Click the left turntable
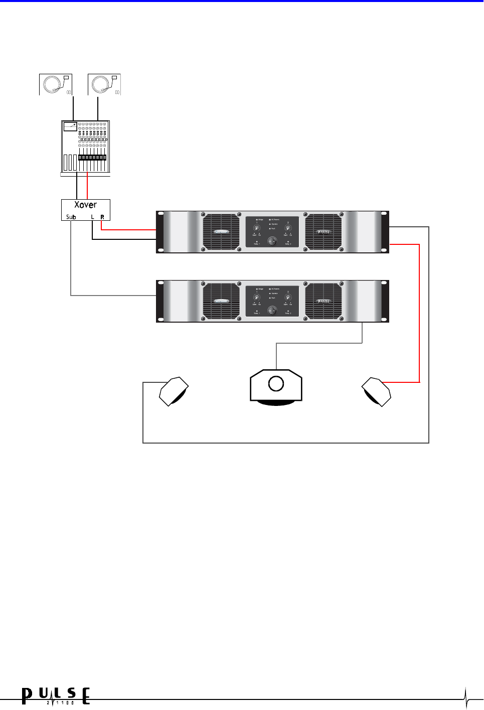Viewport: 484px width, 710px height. click(56, 84)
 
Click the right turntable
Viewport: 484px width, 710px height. click(104, 84)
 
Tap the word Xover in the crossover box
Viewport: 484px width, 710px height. click(85, 205)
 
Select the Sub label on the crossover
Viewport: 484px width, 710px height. click(71, 217)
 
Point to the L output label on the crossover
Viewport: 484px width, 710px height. click(92, 217)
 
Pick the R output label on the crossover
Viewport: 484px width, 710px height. click(102, 217)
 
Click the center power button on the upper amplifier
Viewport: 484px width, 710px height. click(272, 241)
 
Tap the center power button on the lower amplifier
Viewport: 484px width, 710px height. click(272, 310)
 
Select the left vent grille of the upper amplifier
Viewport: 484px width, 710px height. click(221, 232)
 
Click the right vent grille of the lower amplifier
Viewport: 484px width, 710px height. click(324, 301)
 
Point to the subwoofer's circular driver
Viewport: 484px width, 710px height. click(276, 384)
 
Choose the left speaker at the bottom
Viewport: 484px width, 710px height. click(174, 391)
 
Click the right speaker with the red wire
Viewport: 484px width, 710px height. click(377, 391)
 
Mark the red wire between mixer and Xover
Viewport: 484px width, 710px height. click(88, 186)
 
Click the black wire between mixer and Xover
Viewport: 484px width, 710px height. click(77, 186)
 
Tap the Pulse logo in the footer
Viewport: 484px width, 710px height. click(56, 696)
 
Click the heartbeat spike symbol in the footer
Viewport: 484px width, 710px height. click(466, 697)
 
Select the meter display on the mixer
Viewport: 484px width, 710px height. click(70, 126)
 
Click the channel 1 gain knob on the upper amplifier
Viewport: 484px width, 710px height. click(256, 228)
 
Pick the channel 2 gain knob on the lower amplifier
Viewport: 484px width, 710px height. click(288, 298)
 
